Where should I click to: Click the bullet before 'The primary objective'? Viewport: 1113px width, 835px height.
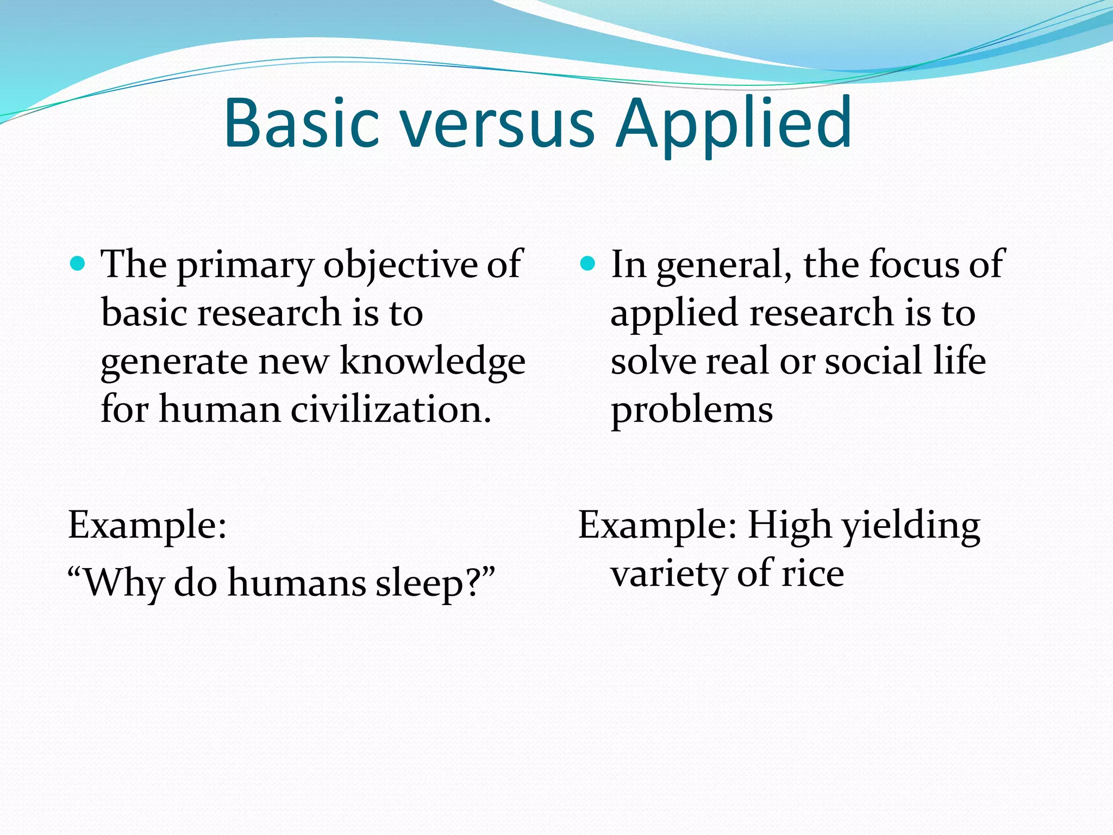coord(78,264)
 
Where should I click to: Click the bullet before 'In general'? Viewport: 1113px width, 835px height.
coord(587,264)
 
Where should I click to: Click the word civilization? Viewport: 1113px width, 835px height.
coord(390,410)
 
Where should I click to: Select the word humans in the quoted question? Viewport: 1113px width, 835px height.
coord(297,583)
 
